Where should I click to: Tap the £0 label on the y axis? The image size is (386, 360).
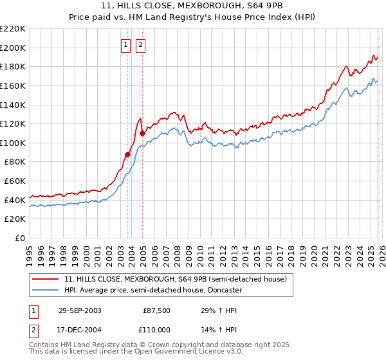[x=20, y=238]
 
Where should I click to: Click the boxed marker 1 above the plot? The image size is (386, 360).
[x=125, y=45]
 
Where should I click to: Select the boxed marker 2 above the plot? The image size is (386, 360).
[x=140, y=45]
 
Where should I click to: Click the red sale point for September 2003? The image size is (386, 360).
[x=128, y=154]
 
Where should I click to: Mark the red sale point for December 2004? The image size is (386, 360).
[x=142, y=133]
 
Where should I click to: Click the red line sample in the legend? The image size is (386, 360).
[x=46, y=279]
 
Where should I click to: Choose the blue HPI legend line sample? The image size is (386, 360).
[x=46, y=290]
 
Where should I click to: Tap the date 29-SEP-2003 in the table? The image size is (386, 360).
[x=80, y=310]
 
